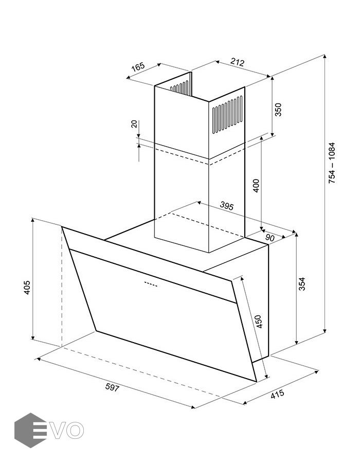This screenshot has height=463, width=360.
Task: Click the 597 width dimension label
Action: pyautogui.click(x=113, y=387)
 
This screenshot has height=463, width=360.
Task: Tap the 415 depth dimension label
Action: pyautogui.click(x=277, y=394)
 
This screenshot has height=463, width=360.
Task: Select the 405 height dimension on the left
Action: pyautogui.click(x=27, y=287)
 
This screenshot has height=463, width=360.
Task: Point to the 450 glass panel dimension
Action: pyautogui.click(x=259, y=322)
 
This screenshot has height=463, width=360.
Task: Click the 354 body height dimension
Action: pyautogui.click(x=301, y=284)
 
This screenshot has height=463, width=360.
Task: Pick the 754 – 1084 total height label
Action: pyautogui.click(x=332, y=163)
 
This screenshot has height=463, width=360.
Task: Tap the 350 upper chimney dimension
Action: pyautogui.click(x=278, y=110)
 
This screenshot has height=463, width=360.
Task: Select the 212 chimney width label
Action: pyautogui.click(x=237, y=62)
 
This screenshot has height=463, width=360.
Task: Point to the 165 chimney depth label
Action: pyautogui.click(x=138, y=67)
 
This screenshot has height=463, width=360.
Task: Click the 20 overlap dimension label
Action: pyautogui.click(x=134, y=124)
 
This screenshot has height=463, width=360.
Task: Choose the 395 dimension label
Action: pyautogui.click(x=227, y=206)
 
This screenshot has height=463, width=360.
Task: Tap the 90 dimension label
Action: pyautogui.click(x=270, y=238)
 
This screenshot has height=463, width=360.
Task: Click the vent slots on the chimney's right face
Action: pyautogui.click(x=227, y=115)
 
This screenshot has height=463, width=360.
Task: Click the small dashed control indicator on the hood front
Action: pyautogui.click(x=151, y=284)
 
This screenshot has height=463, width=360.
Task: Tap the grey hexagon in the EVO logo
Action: pyautogui.click(x=30, y=430)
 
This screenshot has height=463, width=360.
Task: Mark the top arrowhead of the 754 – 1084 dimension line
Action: pyautogui.click(x=325, y=57)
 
